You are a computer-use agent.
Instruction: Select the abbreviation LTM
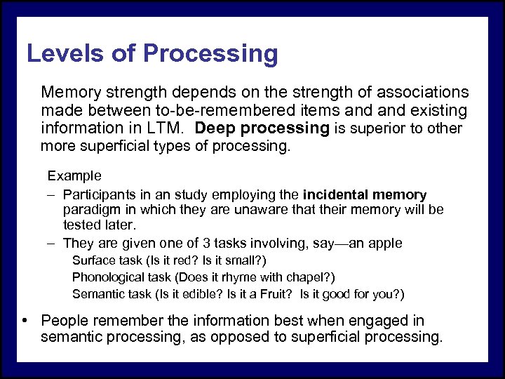(167, 128)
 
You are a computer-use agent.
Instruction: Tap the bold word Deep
(217, 128)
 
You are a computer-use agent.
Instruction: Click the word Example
(74, 175)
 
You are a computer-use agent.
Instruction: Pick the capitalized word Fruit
(279, 294)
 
